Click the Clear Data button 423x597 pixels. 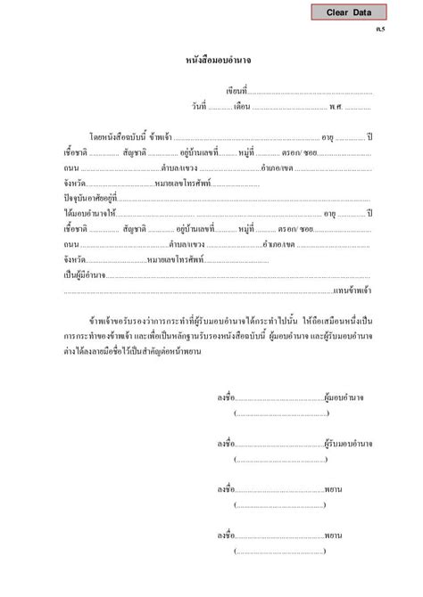pos(349,12)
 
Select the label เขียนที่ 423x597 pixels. pos(236,92)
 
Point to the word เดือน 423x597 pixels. pos(242,108)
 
